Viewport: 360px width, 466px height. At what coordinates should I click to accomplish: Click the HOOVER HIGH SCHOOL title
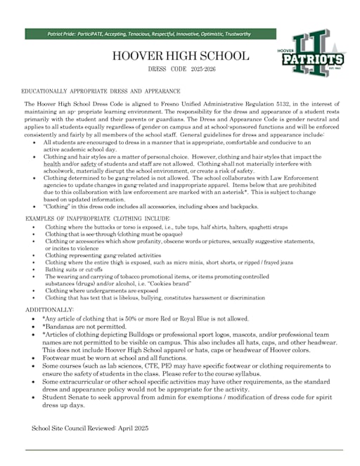click(180, 56)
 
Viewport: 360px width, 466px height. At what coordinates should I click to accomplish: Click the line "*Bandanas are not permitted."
click(84, 327)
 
